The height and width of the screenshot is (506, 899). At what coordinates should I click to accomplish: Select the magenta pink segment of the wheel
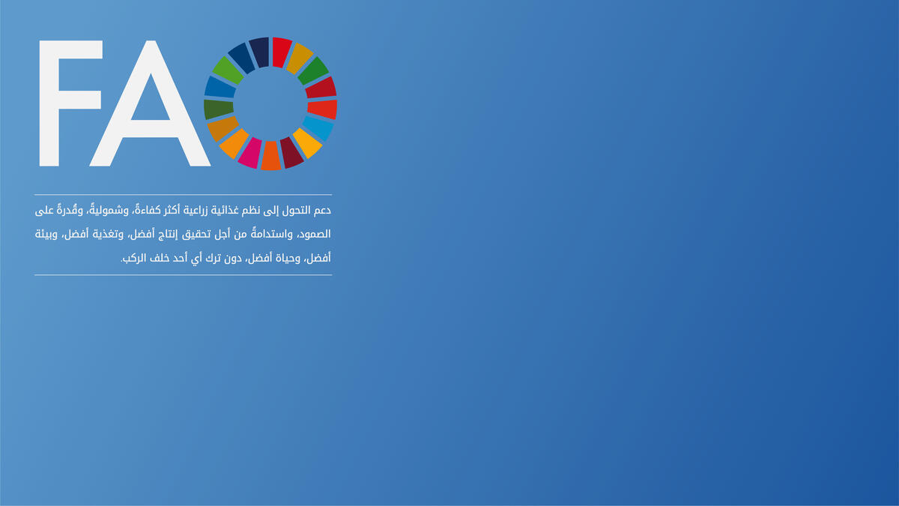(249, 152)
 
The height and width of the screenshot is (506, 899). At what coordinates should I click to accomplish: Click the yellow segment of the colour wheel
(307, 142)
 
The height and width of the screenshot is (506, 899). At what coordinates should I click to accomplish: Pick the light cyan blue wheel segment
(318, 128)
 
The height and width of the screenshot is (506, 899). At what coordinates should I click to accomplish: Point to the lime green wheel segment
(228, 70)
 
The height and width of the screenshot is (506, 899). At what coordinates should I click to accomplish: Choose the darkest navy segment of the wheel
(259, 52)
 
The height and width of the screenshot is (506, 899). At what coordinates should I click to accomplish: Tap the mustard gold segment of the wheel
(300, 58)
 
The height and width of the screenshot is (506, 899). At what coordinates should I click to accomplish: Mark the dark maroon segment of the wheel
(291, 153)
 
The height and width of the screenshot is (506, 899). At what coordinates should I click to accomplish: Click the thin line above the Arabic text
(183, 195)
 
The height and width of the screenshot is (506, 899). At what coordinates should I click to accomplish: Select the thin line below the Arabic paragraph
(183, 275)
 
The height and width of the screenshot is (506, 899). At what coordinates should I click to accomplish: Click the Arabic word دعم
(322, 211)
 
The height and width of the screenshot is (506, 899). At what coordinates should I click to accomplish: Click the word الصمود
(315, 234)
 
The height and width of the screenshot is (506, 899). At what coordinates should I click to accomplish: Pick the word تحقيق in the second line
(195, 235)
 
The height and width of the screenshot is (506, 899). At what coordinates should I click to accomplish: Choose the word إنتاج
(168, 235)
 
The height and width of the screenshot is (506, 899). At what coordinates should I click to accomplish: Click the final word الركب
(133, 258)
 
